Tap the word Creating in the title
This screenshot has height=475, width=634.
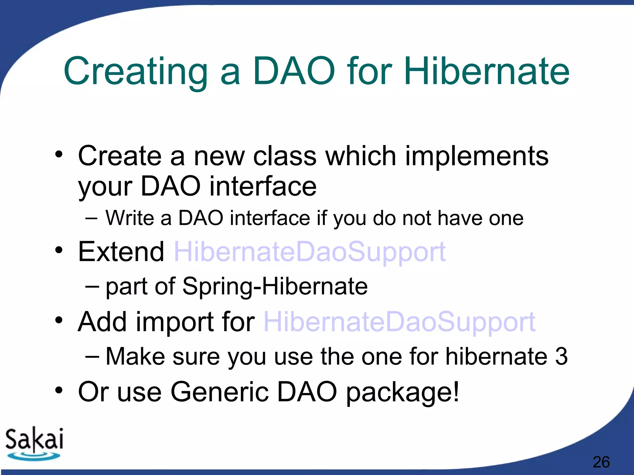[136, 74]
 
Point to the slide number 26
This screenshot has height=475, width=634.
[601, 462]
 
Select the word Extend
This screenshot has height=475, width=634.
[121, 251]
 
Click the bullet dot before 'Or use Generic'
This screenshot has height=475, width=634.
[59, 391]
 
